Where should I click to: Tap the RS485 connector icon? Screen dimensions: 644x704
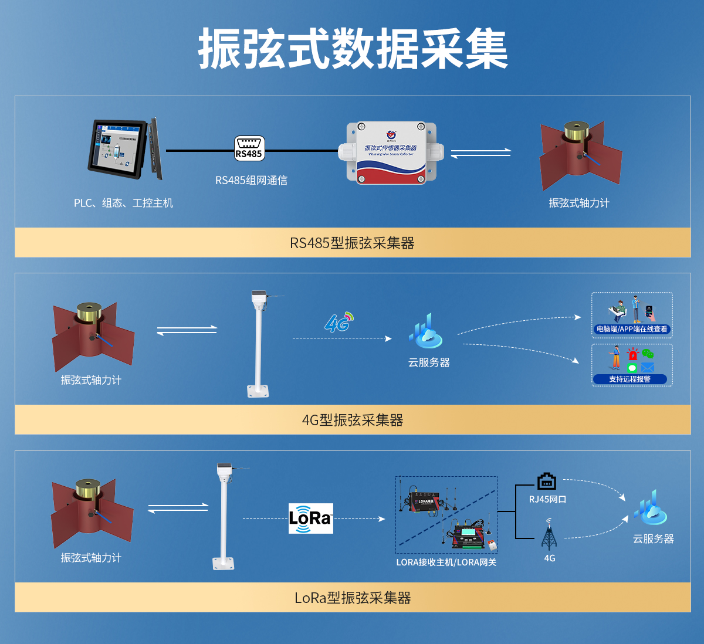(249, 148)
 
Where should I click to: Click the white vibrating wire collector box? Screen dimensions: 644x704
(391, 152)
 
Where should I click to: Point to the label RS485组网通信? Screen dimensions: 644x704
(251, 181)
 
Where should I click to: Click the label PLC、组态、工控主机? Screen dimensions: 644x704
(123, 203)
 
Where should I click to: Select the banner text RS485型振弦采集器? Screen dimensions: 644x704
(352, 243)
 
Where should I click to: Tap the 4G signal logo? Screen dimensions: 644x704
(339, 322)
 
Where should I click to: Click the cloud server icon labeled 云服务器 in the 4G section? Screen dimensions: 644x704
(426, 331)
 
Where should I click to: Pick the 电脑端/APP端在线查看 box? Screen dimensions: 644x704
(632, 315)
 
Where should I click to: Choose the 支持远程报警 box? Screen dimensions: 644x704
(632, 365)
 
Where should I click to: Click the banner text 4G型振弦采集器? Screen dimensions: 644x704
(352, 420)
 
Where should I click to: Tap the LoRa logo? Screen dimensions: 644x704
(310, 518)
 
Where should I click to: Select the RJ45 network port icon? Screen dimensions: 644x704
(547, 482)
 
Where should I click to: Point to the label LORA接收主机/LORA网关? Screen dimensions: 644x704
(446, 562)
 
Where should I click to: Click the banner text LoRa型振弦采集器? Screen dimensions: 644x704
(352, 598)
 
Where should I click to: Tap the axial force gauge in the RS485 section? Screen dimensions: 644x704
(579, 154)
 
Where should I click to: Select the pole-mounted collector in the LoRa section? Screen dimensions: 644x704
(224, 516)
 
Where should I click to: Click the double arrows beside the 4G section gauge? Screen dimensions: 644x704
(187, 331)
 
